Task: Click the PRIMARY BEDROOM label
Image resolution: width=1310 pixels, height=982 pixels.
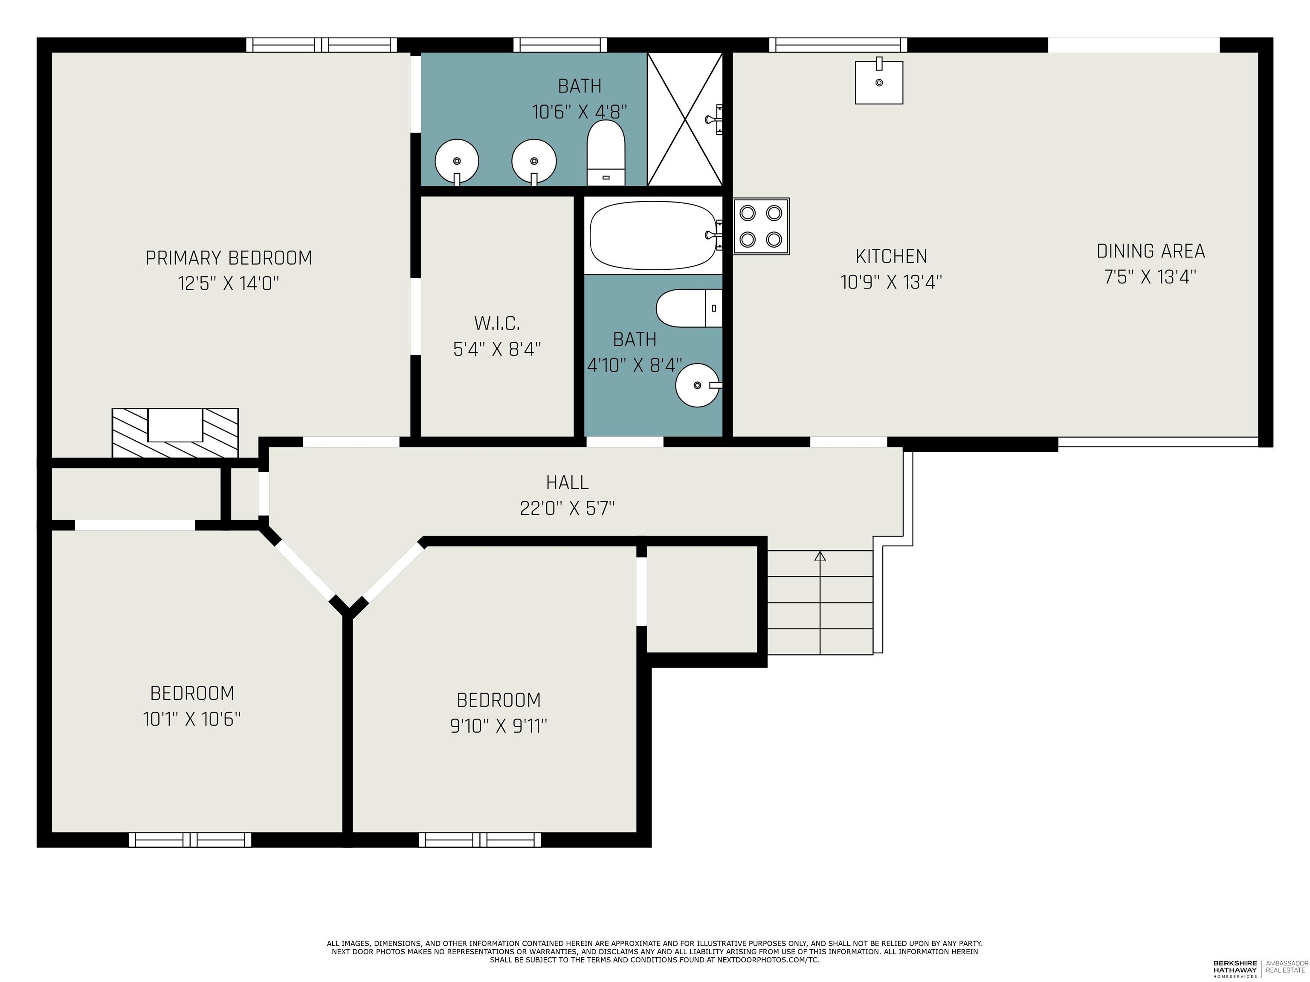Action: [x=229, y=258]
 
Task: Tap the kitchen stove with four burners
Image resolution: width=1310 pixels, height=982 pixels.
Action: [x=761, y=227]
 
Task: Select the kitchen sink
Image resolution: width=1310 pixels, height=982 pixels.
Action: [x=879, y=82]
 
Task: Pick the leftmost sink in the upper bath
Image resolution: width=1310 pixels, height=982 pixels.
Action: [x=457, y=162]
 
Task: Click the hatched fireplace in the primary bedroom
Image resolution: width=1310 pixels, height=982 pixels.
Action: [x=175, y=433]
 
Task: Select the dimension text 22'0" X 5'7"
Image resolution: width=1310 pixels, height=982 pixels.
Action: [x=567, y=508]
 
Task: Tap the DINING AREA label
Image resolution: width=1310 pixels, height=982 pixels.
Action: [x=1151, y=251]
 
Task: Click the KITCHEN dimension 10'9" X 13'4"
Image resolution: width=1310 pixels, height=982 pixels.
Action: [x=891, y=282]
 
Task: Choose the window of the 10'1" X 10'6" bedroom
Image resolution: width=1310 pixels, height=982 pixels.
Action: [x=190, y=839]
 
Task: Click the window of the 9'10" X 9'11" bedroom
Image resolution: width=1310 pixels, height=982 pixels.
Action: [x=480, y=839]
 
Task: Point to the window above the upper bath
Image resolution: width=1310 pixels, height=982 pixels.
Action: [x=560, y=45]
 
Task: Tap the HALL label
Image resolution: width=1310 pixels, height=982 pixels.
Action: [x=567, y=483]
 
